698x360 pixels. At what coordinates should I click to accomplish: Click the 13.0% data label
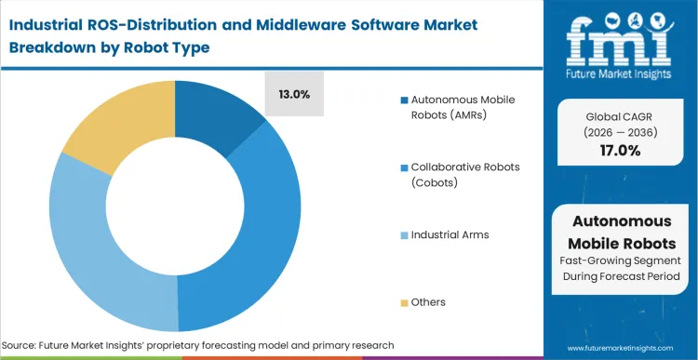(294, 94)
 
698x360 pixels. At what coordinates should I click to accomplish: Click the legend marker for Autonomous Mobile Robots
(403, 100)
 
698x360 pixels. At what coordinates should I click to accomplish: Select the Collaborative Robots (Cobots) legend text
(457, 174)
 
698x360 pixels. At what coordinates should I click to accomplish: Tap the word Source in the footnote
(30, 345)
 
